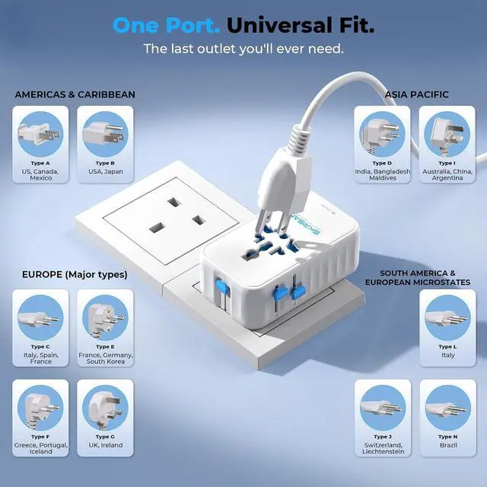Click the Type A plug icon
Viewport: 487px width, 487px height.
[x=40, y=134]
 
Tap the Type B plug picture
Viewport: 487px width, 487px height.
[x=105, y=134]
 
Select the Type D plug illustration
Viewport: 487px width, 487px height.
[x=382, y=134]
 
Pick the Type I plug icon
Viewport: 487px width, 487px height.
[x=447, y=134]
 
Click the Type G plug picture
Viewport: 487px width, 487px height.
[x=105, y=408]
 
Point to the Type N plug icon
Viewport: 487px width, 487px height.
[x=448, y=408]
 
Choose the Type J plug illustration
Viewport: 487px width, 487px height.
[x=383, y=408]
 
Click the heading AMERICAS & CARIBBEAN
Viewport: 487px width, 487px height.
[x=75, y=94]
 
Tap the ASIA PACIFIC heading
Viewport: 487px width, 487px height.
[x=416, y=94]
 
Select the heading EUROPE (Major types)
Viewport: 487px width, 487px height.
[x=75, y=275]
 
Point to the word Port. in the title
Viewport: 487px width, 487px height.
[x=193, y=25]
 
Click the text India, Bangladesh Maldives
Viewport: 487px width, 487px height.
[x=383, y=174]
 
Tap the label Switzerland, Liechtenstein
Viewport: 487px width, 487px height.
[x=384, y=448]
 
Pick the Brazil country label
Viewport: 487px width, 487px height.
[x=448, y=445]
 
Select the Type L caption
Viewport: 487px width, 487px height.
[x=447, y=347]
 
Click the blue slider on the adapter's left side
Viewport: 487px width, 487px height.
[x=221, y=286]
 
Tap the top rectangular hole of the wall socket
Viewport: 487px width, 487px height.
[x=174, y=202]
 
